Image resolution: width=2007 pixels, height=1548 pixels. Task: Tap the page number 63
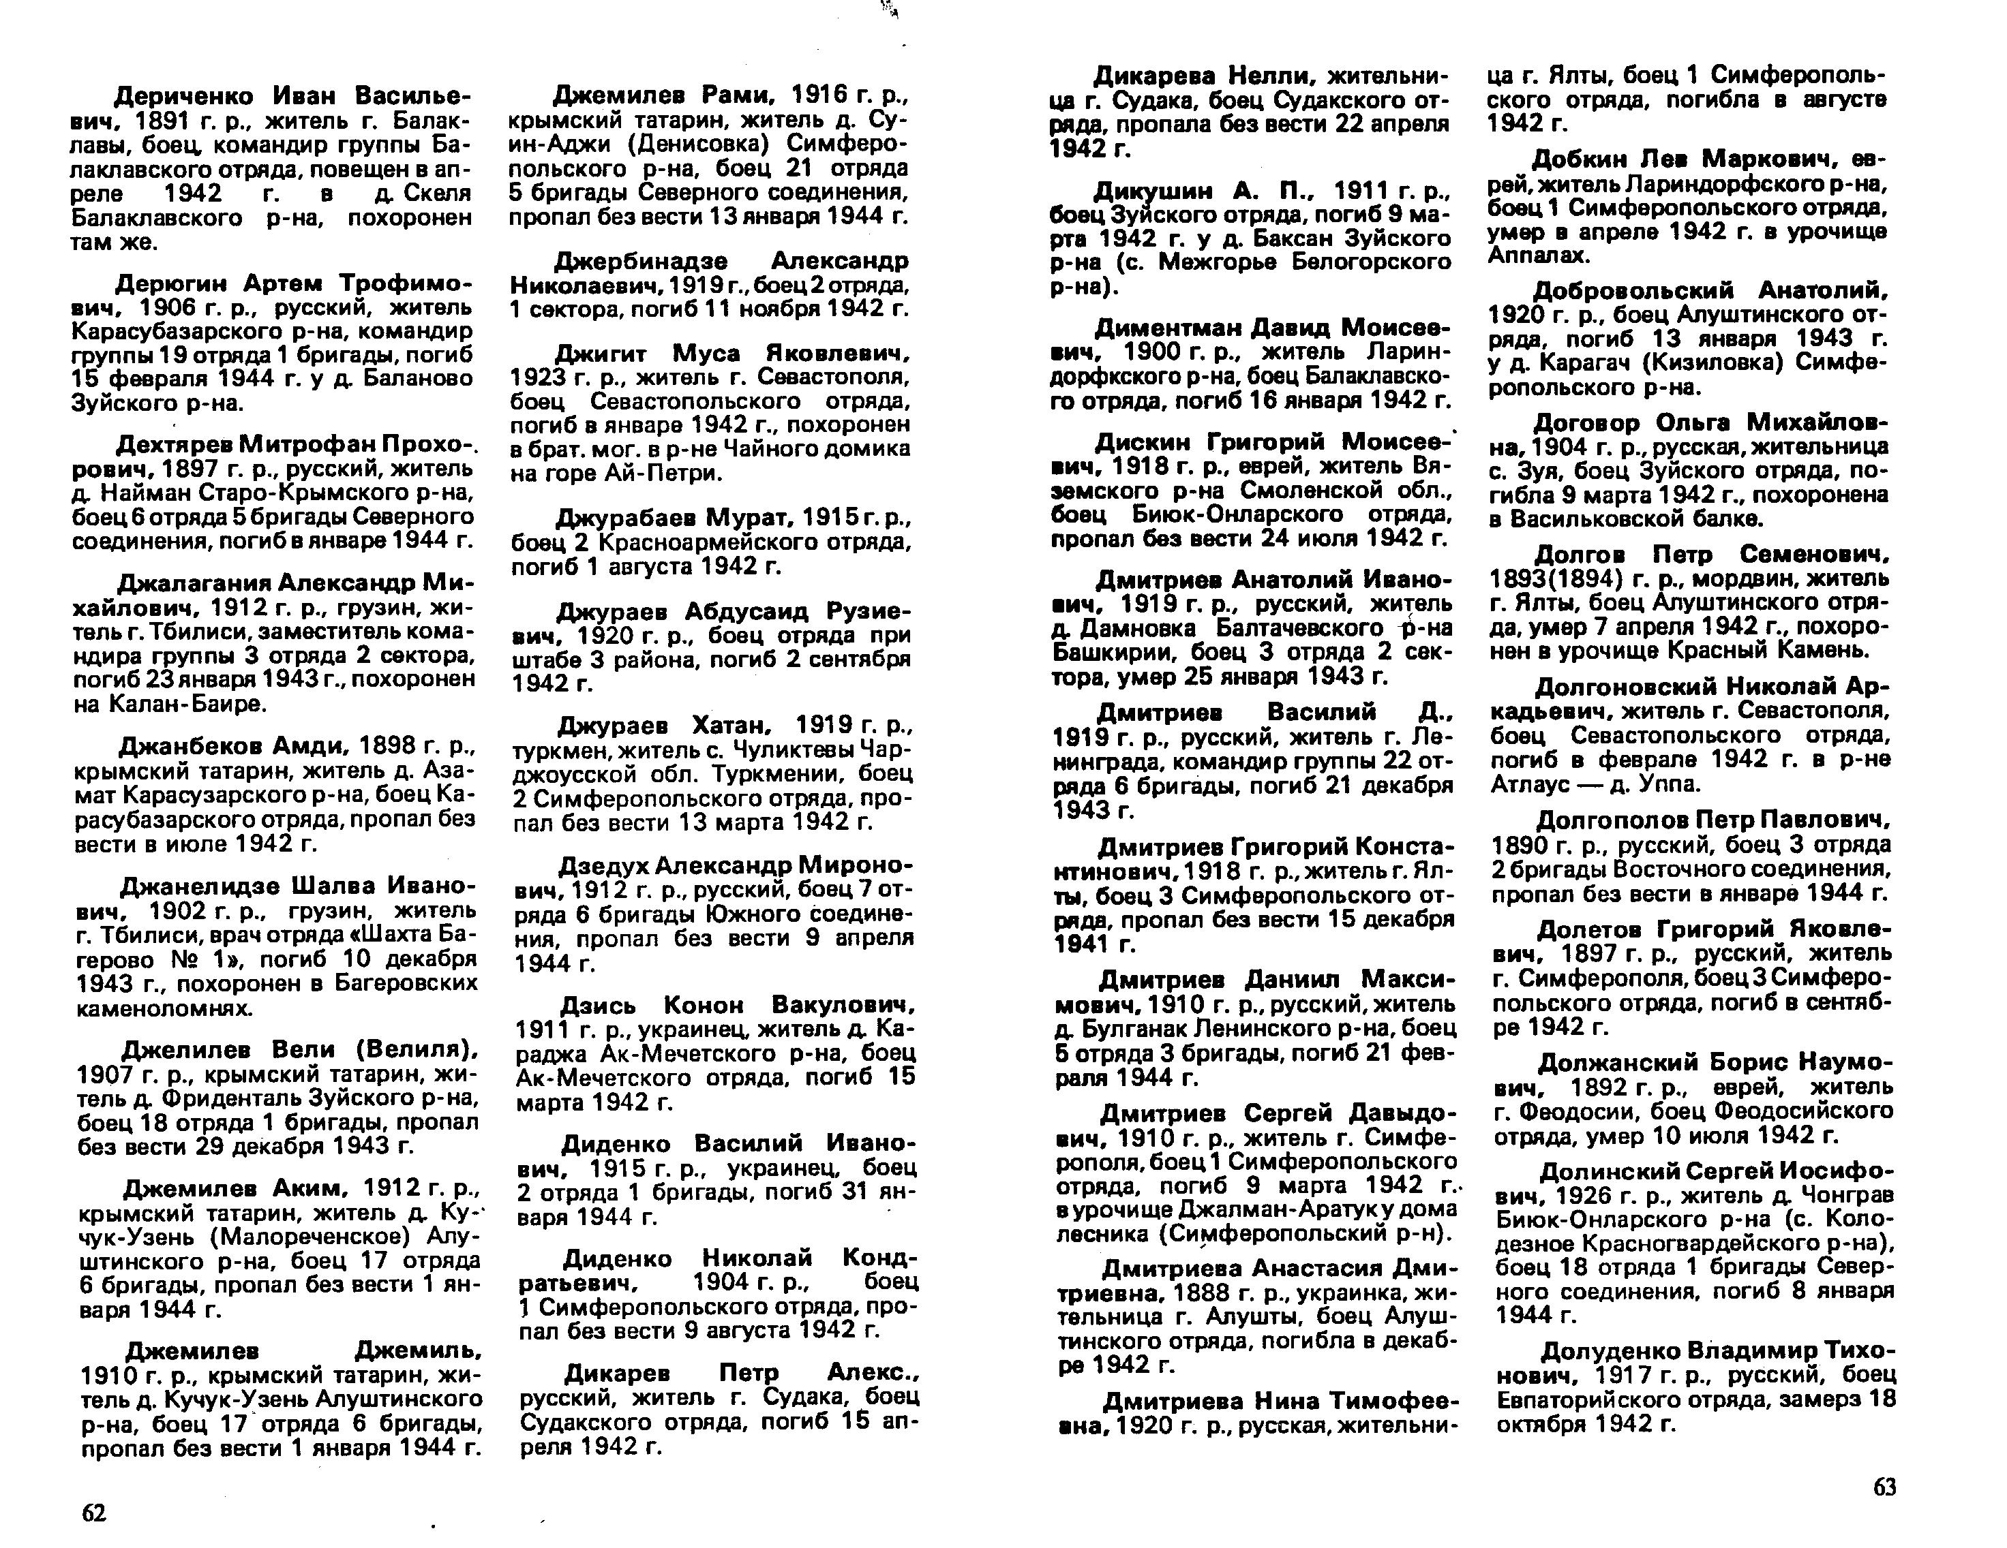coord(1884,1487)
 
